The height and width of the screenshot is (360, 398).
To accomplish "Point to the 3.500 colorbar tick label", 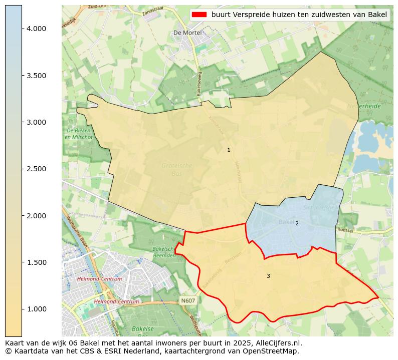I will pos(36,76).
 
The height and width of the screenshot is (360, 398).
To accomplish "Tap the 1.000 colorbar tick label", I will pos(36,309).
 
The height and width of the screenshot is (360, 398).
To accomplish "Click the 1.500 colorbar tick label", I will pos(36,262).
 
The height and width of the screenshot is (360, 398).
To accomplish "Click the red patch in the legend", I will pos(199,15).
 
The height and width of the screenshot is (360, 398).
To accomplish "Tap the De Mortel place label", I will pos(187,33).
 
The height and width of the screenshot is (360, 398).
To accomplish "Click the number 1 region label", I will pos(229,150).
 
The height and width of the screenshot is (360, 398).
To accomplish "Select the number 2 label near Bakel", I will pos(297,223).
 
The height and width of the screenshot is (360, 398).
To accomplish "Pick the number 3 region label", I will pos(268,276).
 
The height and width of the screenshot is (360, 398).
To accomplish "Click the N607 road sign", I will pos(187,300).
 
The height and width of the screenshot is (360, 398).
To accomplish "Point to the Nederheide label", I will pos(363,106).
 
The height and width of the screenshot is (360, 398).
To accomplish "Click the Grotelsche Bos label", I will pos(176,169).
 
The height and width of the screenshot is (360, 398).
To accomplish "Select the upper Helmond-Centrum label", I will pos(99,279).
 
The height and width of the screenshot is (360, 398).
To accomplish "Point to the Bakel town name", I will pos(286,222).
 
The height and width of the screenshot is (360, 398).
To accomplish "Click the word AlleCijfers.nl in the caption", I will pos(274,343).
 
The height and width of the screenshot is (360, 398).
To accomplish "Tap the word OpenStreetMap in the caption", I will pos(274,351).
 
